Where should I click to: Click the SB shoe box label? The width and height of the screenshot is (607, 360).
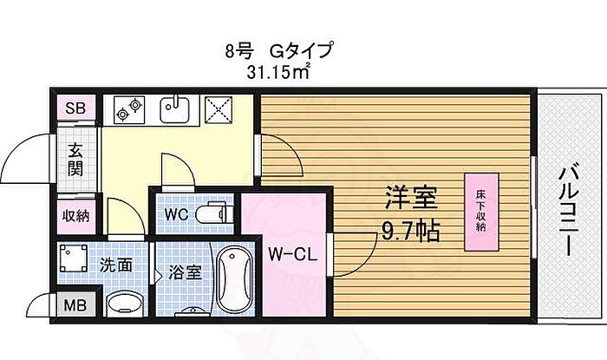(75, 108)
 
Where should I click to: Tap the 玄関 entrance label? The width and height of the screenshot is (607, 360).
(75, 160)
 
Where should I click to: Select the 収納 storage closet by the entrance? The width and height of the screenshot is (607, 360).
(76, 217)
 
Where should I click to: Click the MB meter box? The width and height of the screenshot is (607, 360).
(75, 306)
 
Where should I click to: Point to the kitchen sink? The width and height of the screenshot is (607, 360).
(174, 109)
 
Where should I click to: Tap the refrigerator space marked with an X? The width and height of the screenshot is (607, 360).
(219, 109)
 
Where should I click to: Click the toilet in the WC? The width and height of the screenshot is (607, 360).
(210, 213)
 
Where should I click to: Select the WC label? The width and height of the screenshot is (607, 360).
(176, 214)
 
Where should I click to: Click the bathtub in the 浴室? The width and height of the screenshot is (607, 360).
(234, 279)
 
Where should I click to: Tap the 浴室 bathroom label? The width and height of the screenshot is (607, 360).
(185, 273)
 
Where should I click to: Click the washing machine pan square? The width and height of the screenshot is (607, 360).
(74, 258)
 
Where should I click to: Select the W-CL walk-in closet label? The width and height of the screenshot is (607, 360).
(293, 255)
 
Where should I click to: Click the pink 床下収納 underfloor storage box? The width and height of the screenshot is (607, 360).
(481, 213)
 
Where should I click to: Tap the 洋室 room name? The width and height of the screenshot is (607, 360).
(411, 198)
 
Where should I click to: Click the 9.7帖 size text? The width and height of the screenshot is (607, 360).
(411, 232)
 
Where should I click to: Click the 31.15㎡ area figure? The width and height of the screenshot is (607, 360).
(278, 72)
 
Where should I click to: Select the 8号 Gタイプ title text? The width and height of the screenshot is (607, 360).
(278, 50)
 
